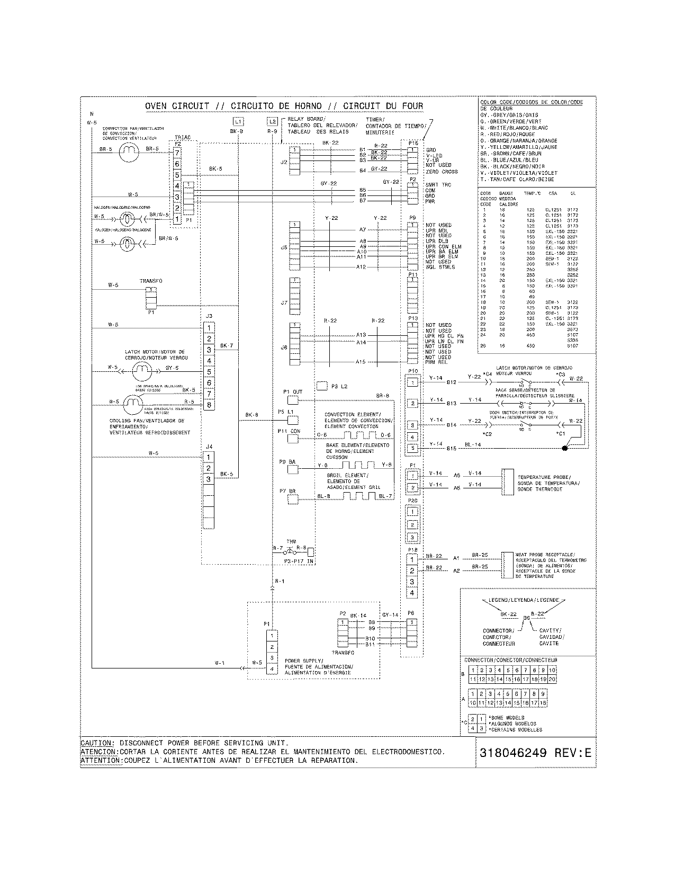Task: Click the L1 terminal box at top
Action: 238,121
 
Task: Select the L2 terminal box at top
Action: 272,121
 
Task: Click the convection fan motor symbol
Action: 128,153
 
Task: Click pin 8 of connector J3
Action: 209,405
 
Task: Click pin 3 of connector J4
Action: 209,479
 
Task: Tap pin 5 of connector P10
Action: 412,448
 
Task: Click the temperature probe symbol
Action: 508,481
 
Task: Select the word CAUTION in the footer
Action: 96,743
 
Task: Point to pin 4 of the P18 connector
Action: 412,593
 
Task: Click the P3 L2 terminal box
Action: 322,386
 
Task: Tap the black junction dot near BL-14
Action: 565,448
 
